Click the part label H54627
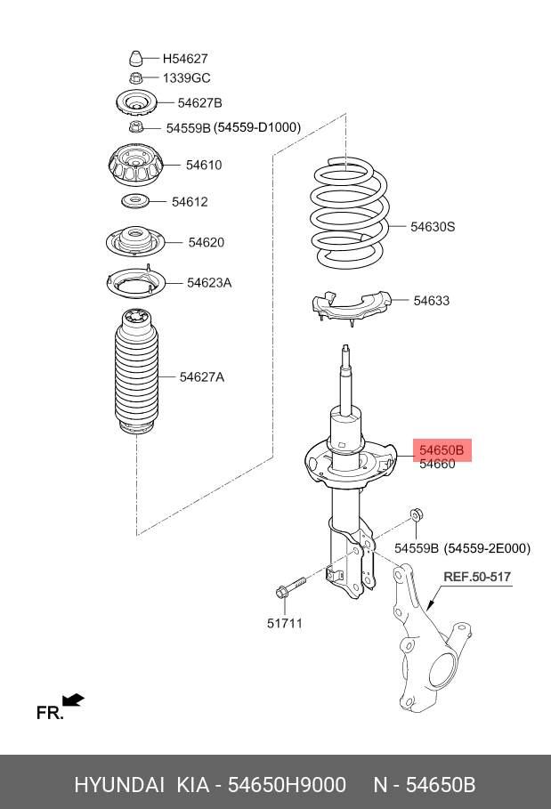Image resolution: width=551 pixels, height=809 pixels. [185, 59]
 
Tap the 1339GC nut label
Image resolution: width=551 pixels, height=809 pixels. [186, 78]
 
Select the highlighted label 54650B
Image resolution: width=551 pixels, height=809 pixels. [442, 450]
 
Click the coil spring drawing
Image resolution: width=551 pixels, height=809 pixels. [348, 214]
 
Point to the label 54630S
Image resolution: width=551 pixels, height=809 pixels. [433, 227]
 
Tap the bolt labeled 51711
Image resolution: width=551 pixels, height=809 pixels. [288, 588]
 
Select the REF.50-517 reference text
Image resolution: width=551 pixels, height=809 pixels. [477, 577]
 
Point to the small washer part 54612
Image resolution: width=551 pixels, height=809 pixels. [134, 199]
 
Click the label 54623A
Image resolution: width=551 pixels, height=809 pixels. [209, 283]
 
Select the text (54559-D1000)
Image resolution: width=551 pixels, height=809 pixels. [257, 128]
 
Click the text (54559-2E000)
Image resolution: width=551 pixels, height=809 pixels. [488, 548]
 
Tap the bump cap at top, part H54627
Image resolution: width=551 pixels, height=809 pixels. [135, 59]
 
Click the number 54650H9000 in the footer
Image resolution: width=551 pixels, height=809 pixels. [287, 785]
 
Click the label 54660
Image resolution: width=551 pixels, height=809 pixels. [437, 465]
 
